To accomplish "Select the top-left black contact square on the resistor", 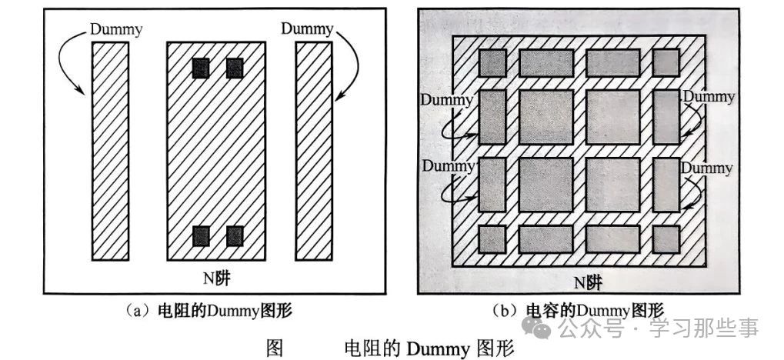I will pyautogui.click(x=201, y=68).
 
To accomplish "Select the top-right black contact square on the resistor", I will pyautogui.click(x=235, y=68).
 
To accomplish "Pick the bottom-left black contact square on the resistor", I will pyautogui.click(x=201, y=236).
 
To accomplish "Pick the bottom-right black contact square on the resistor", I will pyautogui.click(x=235, y=236).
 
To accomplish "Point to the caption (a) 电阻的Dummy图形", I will pyautogui.click(x=208, y=311).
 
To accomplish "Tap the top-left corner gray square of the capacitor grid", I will pyautogui.click(x=492, y=62).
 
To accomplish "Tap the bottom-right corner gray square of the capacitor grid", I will pyautogui.click(x=666, y=238).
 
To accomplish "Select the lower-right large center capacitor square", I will pyautogui.click(x=613, y=184).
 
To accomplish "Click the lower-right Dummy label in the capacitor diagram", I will pyautogui.click(x=708, y=166).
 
